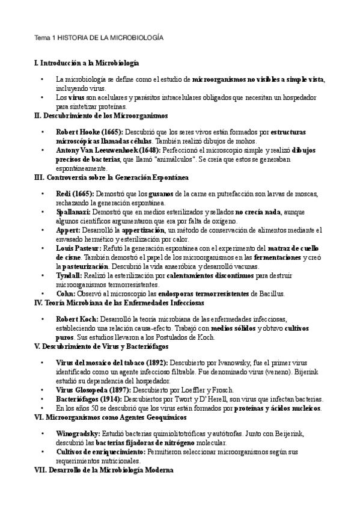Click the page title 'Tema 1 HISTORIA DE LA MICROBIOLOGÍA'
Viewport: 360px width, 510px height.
click(99, 37)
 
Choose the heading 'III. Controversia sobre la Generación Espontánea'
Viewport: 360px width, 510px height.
click(112, 177)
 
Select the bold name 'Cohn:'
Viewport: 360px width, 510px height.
click(66, 293)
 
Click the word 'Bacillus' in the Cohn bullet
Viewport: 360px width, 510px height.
click(270, 293)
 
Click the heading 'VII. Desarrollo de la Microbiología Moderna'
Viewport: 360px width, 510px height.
click(105, 471)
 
